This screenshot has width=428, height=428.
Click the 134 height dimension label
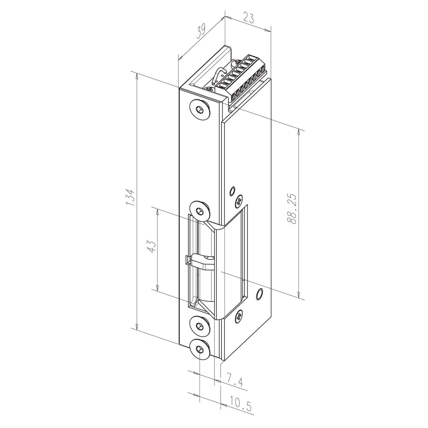130,197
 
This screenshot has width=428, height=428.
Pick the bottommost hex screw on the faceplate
200,349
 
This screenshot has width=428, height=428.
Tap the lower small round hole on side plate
258,294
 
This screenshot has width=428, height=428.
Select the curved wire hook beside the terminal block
218,74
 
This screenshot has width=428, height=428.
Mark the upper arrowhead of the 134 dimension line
136,76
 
